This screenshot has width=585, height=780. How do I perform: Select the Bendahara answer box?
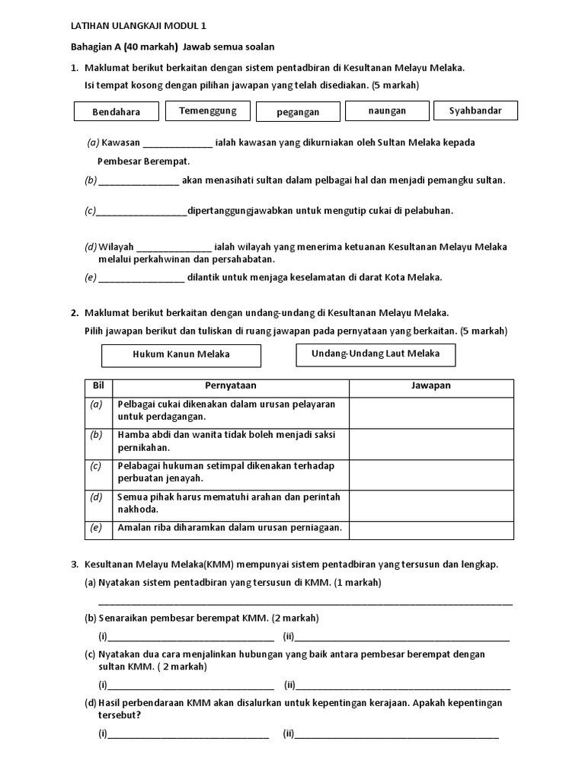(x=117, y=111)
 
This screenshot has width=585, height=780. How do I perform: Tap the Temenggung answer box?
(x=207, y=110)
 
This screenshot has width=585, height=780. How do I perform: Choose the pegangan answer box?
(x=298, y=111)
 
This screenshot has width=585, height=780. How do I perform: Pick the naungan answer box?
(x=387, y=110)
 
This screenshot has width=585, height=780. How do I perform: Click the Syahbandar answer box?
(x=475, y=110)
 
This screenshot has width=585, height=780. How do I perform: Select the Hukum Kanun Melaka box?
(x=181, y=354)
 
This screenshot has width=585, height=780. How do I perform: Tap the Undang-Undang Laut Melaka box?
(x=376, y=353)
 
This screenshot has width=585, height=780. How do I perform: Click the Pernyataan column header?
(x=230, y=385)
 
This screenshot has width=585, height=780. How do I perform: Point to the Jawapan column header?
(x=430, y=385)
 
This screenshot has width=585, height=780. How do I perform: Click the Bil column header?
(x=97, y=385)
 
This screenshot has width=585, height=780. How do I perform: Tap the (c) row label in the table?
(x=96, y=465)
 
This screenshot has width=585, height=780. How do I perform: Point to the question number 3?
(x=75, y=564)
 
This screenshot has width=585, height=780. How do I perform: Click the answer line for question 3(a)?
(x=305, y=601)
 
